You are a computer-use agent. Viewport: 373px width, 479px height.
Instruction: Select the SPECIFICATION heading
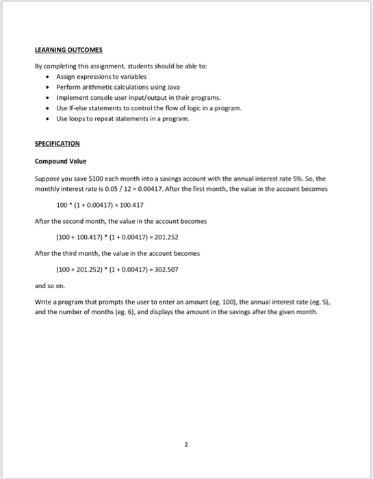(x=57, y=144)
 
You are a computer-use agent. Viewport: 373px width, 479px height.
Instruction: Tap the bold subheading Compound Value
(x=61, y=161)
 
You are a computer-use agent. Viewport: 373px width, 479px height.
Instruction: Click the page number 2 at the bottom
(x=186, y=443)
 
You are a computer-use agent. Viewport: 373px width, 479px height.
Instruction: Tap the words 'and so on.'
(x=47, y=286)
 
